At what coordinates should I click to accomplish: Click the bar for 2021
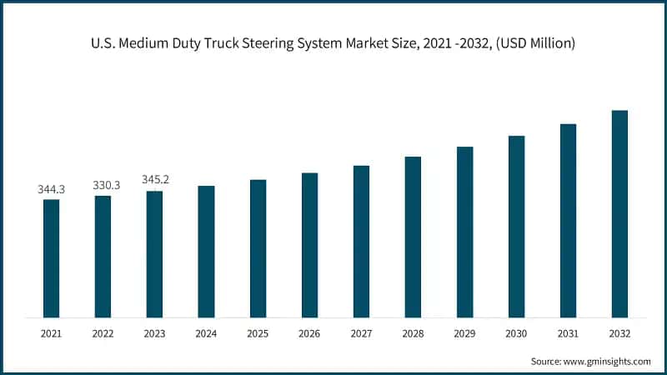tap(52, 258)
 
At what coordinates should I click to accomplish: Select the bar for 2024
tap(206, 252)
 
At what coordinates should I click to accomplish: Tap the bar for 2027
tap(361, 242)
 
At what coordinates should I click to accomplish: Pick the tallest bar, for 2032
tap(619, 214)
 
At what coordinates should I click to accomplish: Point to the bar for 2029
tap(464, 232)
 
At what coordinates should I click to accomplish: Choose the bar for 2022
tap(103, 257)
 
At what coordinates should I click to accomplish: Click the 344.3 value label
tap(52, 190)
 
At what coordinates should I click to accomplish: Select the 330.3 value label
tap(105, 185)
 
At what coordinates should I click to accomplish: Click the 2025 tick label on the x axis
tap(258, 333)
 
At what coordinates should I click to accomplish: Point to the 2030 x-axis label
tap(516, 333)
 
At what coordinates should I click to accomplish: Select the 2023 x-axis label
tap(154, 333)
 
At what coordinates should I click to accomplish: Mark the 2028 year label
tap(413, 333)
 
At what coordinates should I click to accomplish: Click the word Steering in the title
tap(309, 42)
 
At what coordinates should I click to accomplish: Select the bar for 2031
tap(568, 221)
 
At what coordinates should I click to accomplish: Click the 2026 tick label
tap(309, 333)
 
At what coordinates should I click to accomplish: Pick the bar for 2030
tap(516, 227)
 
